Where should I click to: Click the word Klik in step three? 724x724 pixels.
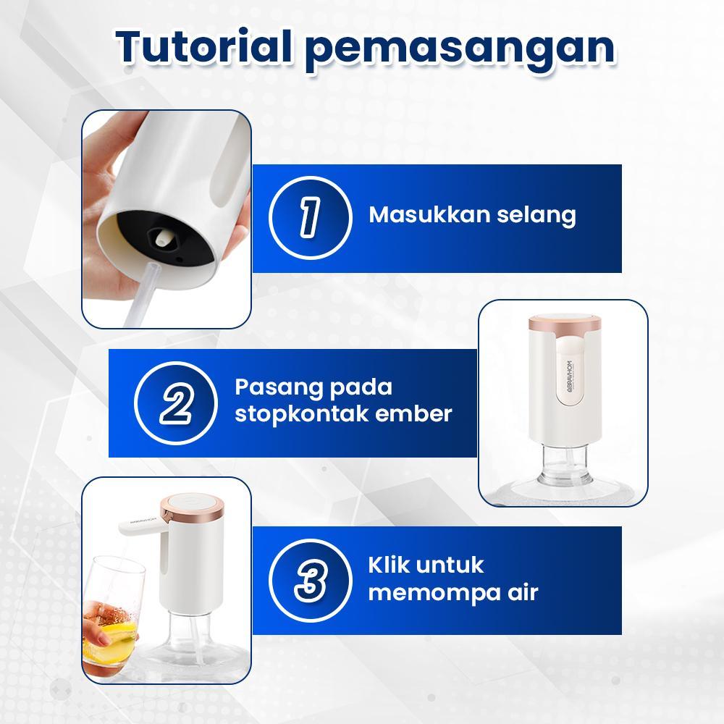390,564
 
